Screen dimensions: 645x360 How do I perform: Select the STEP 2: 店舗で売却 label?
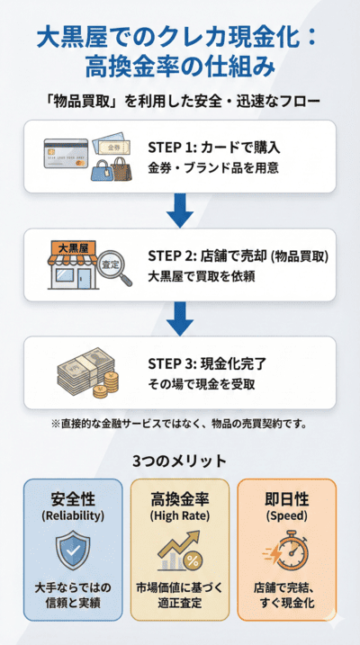[x=237, y=256]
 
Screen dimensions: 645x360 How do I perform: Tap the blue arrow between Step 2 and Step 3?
[x=180, y=318]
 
